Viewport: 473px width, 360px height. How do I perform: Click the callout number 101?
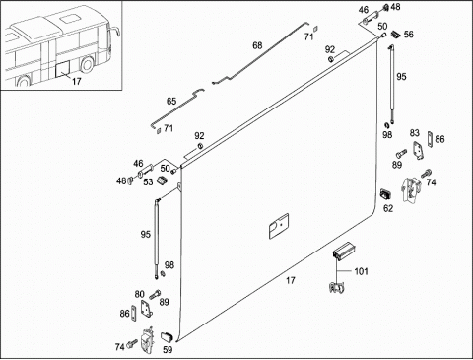coord(361,271)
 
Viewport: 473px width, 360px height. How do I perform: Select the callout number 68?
coord(257,45)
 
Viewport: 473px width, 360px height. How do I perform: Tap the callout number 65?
coord(171,102)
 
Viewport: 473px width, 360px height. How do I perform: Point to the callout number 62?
coord(388,208)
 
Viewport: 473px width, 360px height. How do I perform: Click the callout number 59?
coord(168,350)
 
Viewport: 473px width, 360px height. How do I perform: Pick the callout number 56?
coord(408,35)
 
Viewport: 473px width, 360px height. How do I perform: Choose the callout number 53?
coord(148,181)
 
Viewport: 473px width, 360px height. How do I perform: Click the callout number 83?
coord(415,133)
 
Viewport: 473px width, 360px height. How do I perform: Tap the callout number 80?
coord(140,294)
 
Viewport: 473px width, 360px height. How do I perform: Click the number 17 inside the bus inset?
coord(76,81)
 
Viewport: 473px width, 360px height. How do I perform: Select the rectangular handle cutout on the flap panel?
coord(279,226)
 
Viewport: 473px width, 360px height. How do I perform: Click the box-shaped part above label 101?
coord(343,251)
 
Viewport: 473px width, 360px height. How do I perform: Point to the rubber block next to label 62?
coord(385,194)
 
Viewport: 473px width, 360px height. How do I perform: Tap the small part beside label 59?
coord(167,336)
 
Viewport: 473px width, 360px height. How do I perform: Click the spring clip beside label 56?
coord(395,34)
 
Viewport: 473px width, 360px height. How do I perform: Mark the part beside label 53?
coord(162,180)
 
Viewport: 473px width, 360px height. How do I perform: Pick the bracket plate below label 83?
coord(418,150)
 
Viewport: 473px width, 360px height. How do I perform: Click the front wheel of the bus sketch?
coord(87,65)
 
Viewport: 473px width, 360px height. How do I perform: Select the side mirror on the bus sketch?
coord(116,33)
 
